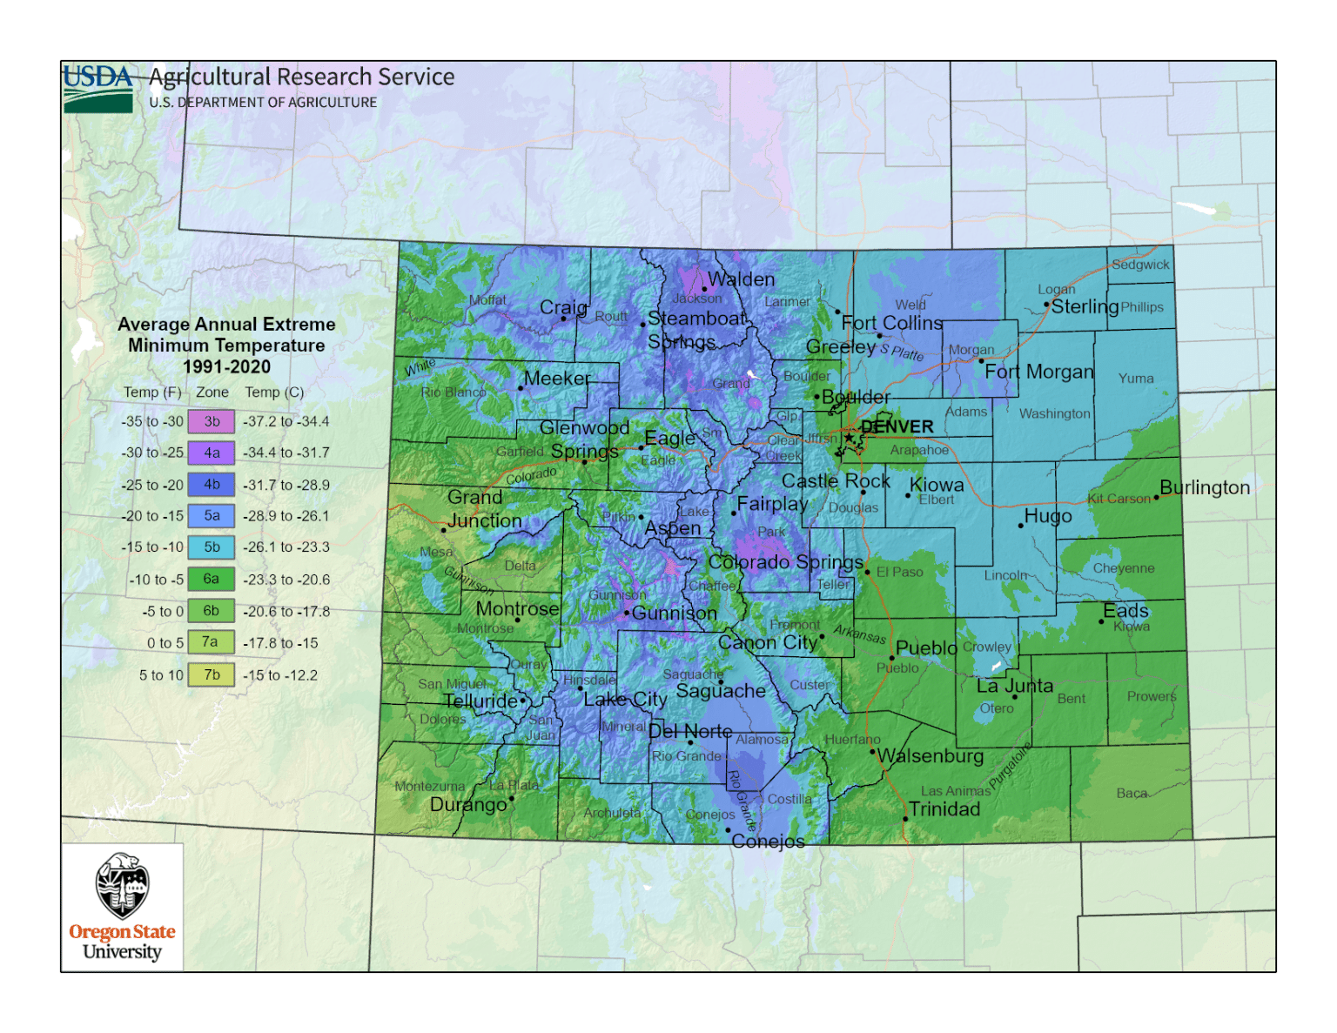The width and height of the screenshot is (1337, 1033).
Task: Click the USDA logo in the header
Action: pyautogui.click(x=97, y=88)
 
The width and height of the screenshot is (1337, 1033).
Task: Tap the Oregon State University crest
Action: pyautogui.click(x=122, y=886)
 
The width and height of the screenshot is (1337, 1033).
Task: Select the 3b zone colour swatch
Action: pyautogui.click(x=212, y=421)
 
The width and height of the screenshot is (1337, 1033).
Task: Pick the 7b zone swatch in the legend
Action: pyautogui.click(x=212, y=674)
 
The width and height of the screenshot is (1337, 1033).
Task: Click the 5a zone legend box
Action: pyautogui.click(x=212, y=516)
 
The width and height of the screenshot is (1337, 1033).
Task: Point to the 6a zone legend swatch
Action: pyautogui.click(x=212, y=579)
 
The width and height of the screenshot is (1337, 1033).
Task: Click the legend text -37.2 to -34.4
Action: pyautogui.click(x=286, y=421)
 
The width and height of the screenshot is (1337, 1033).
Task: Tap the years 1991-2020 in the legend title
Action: pyautogui.click(x=226, y=366)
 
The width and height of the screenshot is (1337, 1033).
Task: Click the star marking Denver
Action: pyautogui.click(x=849, y=437)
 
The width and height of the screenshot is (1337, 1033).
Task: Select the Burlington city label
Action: pyautogui.click(x=1205, y=487)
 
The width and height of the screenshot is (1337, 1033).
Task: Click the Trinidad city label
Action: pyautogui.click(x=944, y=809)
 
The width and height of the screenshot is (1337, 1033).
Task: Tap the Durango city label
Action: pyautogui.click(x=468, y=804)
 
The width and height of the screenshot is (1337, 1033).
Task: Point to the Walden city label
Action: pyautogui.click(x=741, y=279)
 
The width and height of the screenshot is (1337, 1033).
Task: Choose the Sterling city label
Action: pyautogui.click(x=1085, y=306)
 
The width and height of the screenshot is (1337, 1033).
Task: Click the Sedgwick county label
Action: pyautogui.click(x=1140, y=265)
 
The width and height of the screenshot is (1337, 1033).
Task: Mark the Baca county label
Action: pyautogui.click(x=1132, y=793)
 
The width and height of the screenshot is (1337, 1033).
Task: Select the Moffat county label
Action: pyautogui.click(x=487, y=300)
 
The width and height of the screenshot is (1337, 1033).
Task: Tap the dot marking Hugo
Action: pyautogui.click(x=1020, y=526)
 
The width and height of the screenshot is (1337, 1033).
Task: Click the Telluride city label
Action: pyautogui.click(x=480, y=701)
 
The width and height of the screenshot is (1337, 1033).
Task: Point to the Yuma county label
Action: pyautogui.click(x=1136, y=378)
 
